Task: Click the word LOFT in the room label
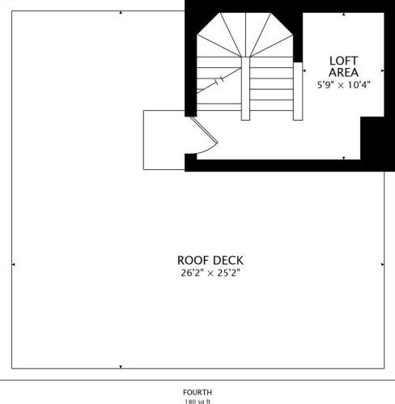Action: pyautogui.click(x=339, y=61)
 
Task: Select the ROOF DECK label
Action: pyautogui.click(x=210, y=260)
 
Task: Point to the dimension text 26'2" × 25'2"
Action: pyautogui.click(x=210, y=274)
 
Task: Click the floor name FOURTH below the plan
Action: pyautogui.click(x=197, y=391)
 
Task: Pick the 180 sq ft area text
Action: pyautogui.click(x=197, y=401)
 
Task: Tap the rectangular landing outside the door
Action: pyautogui.click(x=164, y=140)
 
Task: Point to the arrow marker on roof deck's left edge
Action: pyautogui.click(x=14, y=264)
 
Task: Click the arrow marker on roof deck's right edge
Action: pyautogui.click(x=381, y=264)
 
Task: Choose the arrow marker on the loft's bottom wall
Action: pyautogui.click(x=344, y=158)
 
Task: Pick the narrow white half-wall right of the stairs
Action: pyautogui.click(x=297, y=86)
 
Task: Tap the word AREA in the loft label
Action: pyautogui.click(x=339, y=72)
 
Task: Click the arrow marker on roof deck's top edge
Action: pyautogui.click(x=121, y=13)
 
